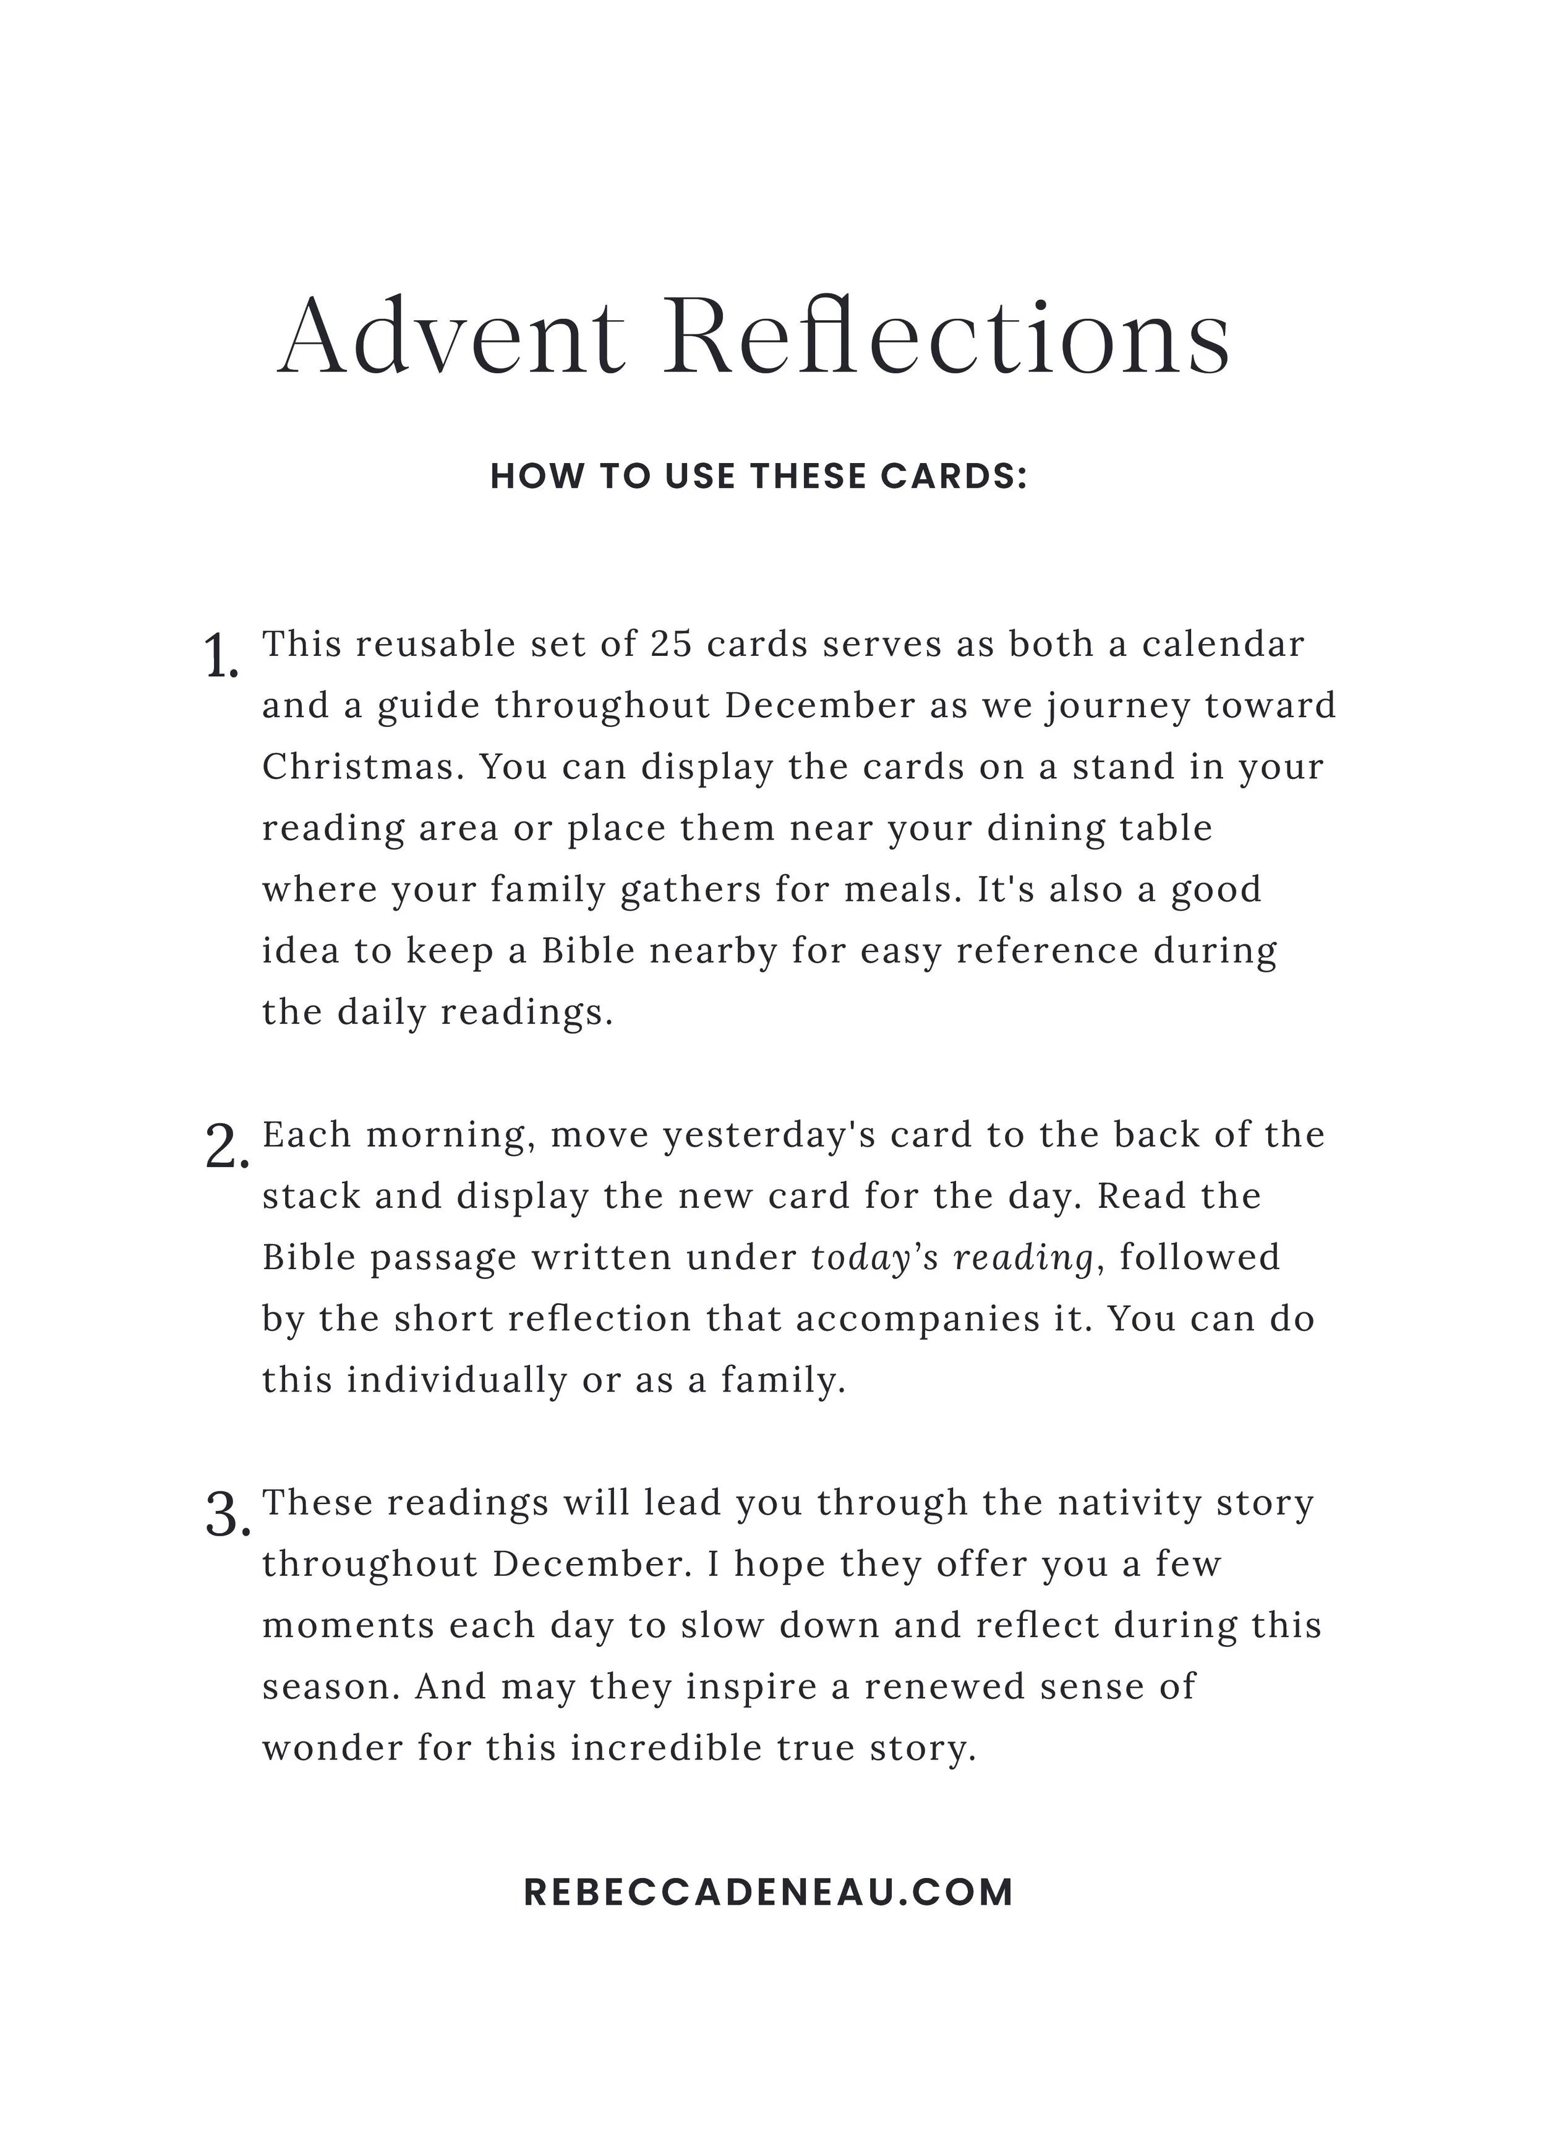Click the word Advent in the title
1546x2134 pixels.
click(x=450, y=337)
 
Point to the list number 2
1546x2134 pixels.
click(x=226, y=1149)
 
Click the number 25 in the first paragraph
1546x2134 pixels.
click(x=671, y=645)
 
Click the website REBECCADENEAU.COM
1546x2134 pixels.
click(x=768, y=1892)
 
